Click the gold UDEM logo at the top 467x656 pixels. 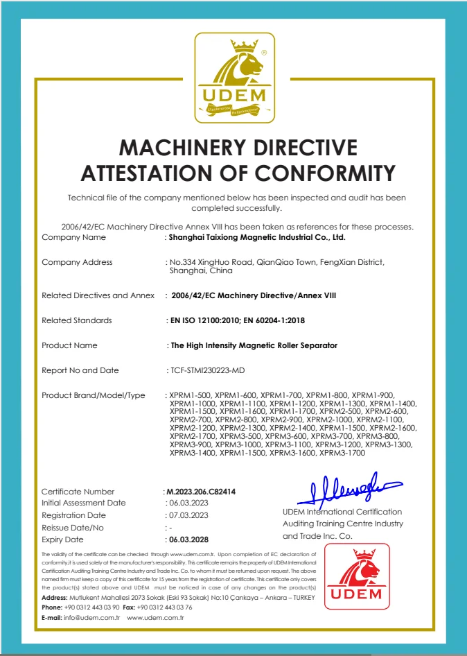pyautogui.click(x=233, y=78)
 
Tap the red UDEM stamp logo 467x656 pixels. pyautogui.click(x=357, y=576)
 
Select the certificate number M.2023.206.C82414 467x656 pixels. pyautogui.click(x=202, y=492)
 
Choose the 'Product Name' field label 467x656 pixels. pyautogui.click(x=69, y=345)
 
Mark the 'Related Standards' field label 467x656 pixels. pyautogui.click(x=76, y=320)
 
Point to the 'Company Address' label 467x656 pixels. pyautogui.click(x=77, y=262)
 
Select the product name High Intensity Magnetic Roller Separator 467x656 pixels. pyautogui.click(x=254, y=345)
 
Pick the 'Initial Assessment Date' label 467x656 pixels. pyautogui.click(x=84, y=503)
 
